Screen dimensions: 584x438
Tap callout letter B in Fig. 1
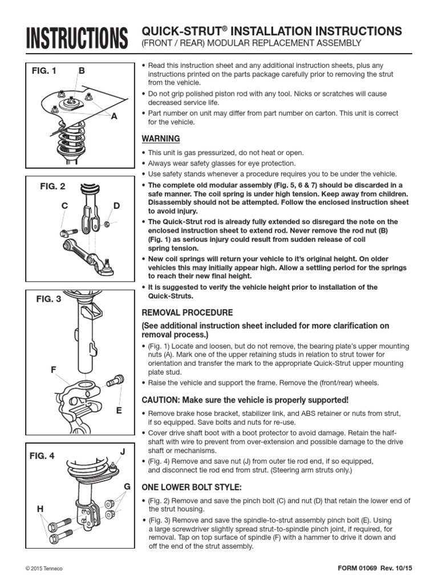(82, 71)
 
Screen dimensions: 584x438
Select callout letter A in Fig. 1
(113, 116)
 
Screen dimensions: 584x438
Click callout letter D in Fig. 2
(117, 205)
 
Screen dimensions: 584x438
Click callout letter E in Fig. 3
(119, 409)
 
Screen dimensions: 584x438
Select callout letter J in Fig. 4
(121, 452)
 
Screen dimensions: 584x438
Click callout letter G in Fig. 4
(127, 486)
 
